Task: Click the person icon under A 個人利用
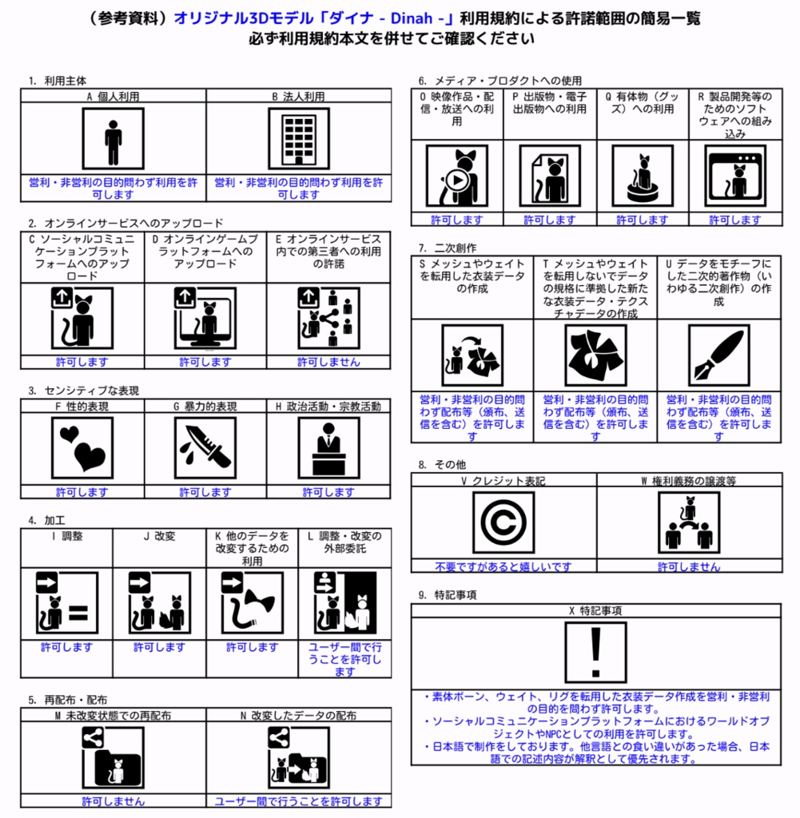click(113, 139)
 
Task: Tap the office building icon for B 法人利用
click(298, 139)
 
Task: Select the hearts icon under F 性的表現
click(82, 447)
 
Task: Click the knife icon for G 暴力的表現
click(205, 447)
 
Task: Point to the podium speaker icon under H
click(328, 447)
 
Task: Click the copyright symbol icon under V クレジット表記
click(503, 522)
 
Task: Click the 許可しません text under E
click(328, 362)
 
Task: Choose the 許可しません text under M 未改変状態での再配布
click(113, 801)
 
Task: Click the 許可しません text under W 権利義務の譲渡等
click(689, 567)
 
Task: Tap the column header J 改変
click(159, 536)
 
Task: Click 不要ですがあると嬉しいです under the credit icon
click(503, 567)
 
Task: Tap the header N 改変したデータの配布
click(298, 715)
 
